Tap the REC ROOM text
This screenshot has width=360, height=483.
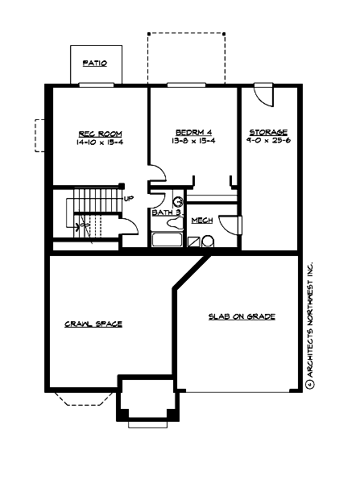pos(94,133)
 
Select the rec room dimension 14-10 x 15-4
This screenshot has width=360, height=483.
pos(94,142)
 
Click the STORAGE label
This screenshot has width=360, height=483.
pos(268,133)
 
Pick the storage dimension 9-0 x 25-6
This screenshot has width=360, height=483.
pos(268,142)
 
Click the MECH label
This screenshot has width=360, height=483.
pos(201,220)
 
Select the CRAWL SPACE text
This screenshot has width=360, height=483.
pos(93,324)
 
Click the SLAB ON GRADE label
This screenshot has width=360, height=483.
pos(242,317)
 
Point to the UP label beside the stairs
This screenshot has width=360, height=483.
pos(128,198)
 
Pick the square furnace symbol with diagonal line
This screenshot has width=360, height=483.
pos(193,241)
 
